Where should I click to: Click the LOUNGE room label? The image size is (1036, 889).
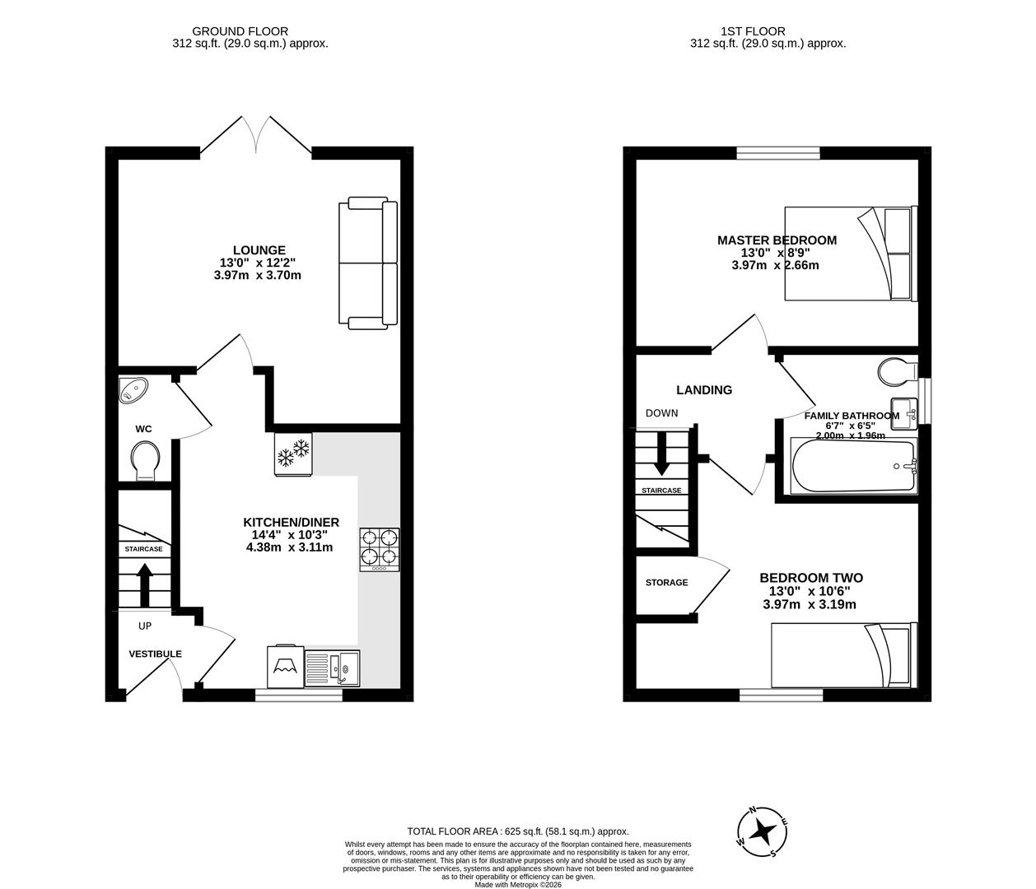coord(259,250)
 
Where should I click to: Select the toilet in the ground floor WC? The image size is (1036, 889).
coord(146,459)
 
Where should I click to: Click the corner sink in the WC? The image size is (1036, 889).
coord(132,390)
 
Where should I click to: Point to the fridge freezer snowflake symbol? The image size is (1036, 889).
coord(293,454)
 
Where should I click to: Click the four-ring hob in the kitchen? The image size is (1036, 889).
coord(379,549)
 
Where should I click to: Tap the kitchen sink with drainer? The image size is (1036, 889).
coord(332,666)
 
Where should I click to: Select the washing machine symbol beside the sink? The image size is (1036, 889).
coord(285,665)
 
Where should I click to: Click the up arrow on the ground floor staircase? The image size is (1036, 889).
coord(144,584)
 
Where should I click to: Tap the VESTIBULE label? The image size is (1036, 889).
coord(155,654)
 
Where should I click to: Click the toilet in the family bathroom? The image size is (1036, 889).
coord(895,373)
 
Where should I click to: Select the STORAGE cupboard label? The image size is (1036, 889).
coord(666,583)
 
